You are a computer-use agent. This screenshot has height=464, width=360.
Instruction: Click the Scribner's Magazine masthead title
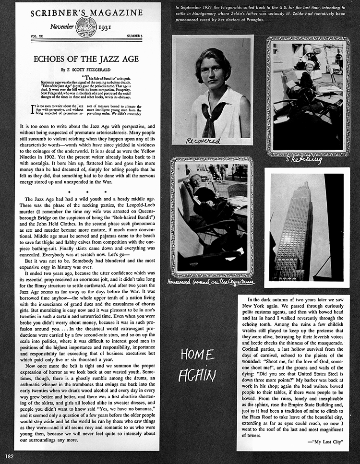pos(86,13)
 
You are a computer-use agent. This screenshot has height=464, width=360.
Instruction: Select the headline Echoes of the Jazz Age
pos(86,59)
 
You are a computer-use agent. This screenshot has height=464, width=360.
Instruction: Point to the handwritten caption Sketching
pos(304,160)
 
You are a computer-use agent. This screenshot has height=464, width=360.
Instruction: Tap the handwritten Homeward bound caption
pos(211,282)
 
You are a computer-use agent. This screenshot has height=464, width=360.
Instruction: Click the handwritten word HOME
pos(197,355)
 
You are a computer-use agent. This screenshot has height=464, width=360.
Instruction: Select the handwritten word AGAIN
pos(197,375)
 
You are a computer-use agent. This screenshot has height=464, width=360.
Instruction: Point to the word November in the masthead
pos(61,27)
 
